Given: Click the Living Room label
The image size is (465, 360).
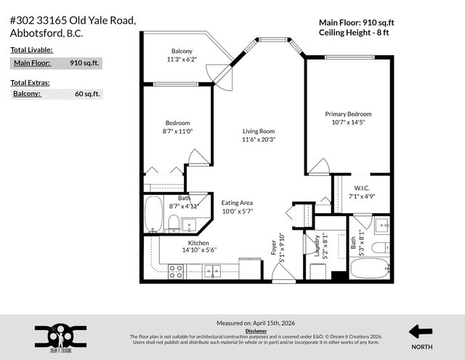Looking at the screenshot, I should (x=259, y=131).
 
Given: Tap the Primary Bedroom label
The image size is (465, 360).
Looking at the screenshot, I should (x=348, y=114).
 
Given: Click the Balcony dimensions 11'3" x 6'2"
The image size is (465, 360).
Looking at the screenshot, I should (x=182, y=59).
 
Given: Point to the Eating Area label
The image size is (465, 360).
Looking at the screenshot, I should (x=237, y=203).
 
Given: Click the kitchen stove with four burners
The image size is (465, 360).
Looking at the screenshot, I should (x=175, y=271).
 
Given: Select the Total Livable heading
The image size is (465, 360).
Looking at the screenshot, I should (x=31, y=49).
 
